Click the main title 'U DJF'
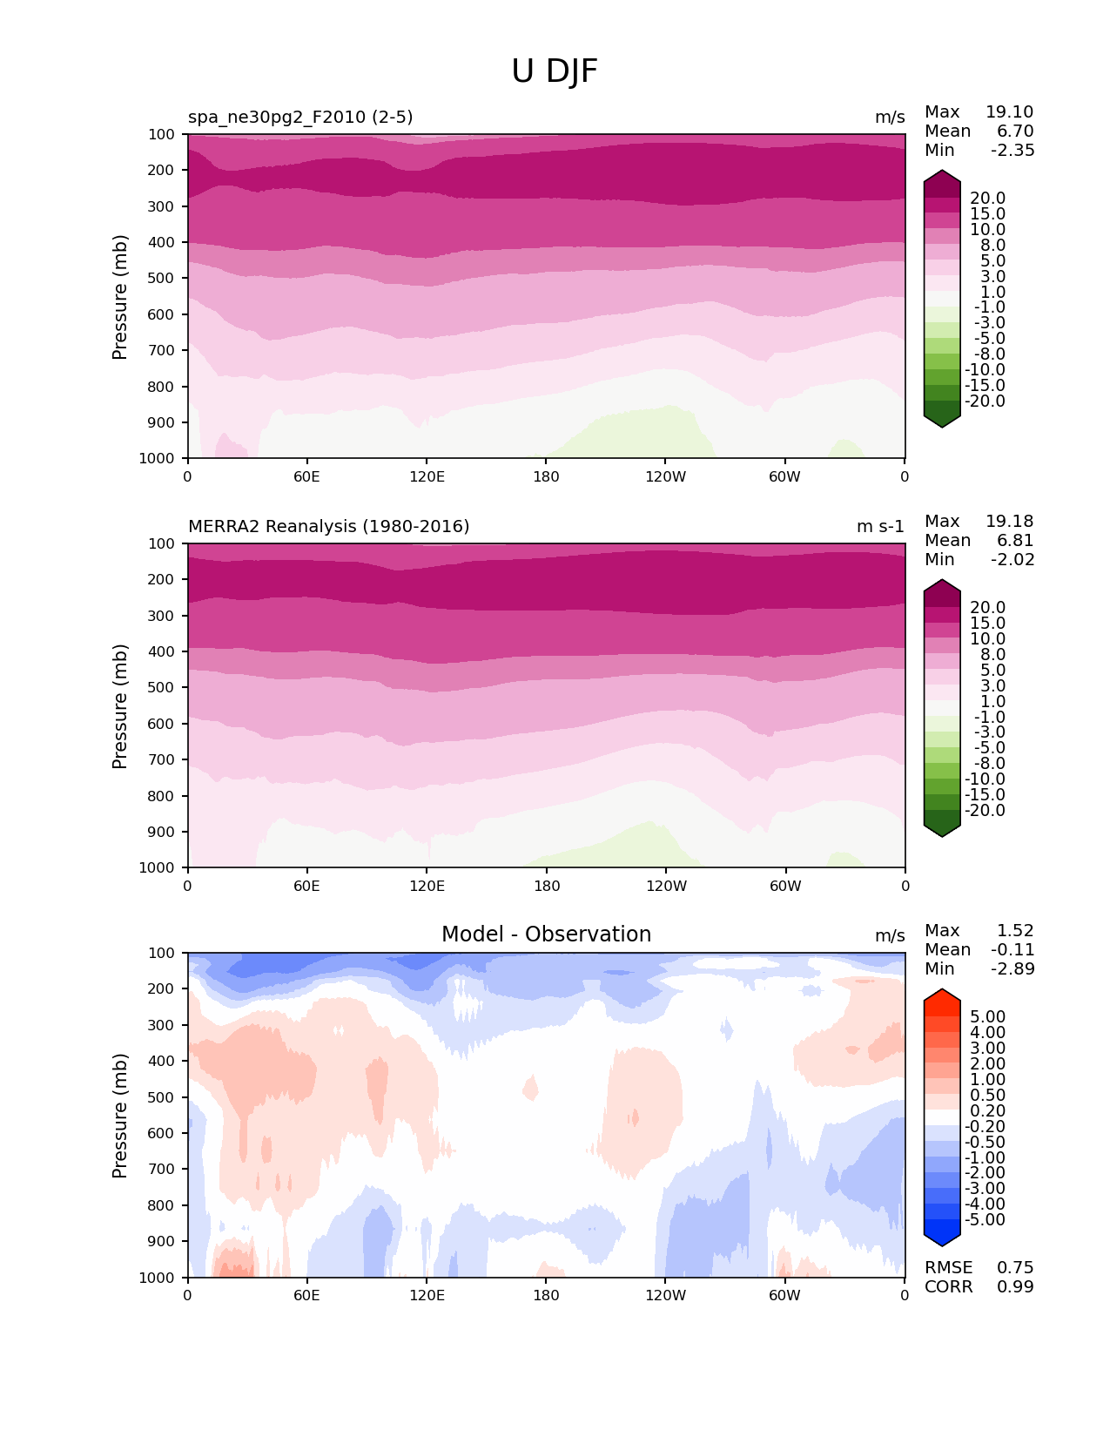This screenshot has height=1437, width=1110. [x=555, y=71]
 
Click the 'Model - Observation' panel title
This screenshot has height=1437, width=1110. [x=546, y=934]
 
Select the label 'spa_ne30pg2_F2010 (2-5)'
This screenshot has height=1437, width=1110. [x=300, y=118]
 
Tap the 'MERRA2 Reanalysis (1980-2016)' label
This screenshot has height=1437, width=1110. [x=328, y=527]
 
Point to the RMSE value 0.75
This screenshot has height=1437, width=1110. [x=1015, y=1268]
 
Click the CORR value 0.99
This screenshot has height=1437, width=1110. [x=1015, y=1287]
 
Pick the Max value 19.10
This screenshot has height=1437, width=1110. [x=1009, y=112]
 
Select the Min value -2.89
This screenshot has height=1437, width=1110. [x=1012, y=969]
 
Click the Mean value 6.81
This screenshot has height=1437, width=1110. [x=1015, y=541]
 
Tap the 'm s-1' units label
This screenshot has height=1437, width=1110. [x=880, y=527]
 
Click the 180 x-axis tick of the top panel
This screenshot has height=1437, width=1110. [x=546, y=477]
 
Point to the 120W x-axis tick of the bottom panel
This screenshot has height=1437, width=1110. [x=666, y=1296]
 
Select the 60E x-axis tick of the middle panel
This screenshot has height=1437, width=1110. [x=306, y=887]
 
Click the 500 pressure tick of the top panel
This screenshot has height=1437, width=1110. [x=162, y=279]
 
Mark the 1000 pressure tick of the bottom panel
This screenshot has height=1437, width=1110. [x=158, y=1278]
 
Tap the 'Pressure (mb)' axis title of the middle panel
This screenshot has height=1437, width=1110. [x=120, y=706]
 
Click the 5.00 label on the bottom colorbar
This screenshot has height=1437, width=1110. [x=988, y=1017]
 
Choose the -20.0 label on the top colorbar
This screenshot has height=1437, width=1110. [x=987, y=401]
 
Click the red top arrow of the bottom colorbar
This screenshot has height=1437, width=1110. [x=942, y=997]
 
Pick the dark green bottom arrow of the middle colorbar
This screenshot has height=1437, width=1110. [x=942, y=829]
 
